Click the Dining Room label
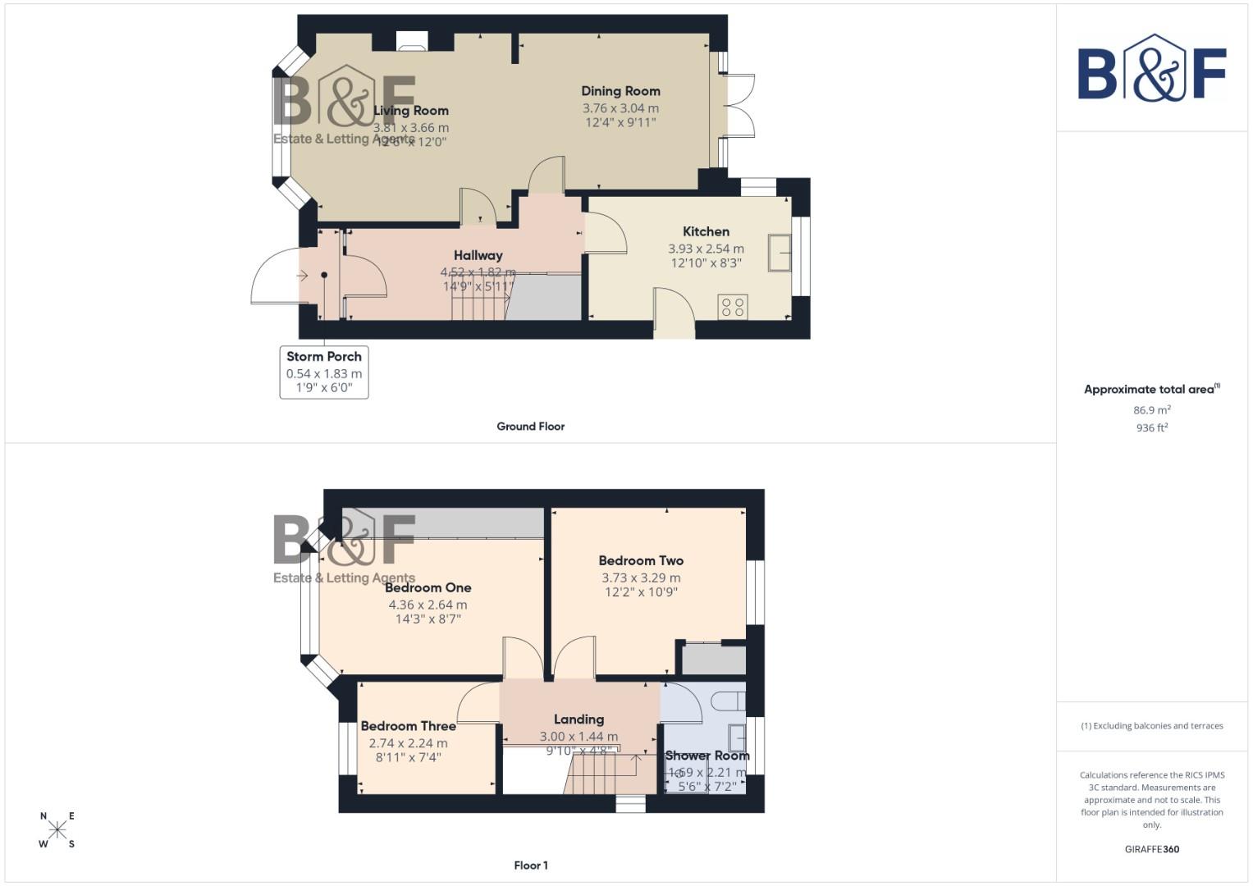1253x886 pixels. point(620,91)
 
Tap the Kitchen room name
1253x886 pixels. point(706,231)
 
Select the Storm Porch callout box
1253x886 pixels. point(324,372)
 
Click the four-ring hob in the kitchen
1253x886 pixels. point(733,307)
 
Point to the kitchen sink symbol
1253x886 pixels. point(780,253)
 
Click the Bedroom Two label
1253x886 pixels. point(641,560)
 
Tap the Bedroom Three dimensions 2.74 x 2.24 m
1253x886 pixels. point(408,743)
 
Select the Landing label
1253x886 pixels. point(578,719)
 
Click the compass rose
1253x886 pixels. point(57,829)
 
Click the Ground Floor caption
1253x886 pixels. point(530,426)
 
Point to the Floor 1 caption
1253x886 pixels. point(530,865)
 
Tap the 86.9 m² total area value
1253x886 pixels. point(1151,410)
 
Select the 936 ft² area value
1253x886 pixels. point(1151,427)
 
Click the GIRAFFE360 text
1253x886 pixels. point(1151,849)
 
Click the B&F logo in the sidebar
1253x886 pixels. point(1151,69)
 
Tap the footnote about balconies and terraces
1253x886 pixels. point(1151,726)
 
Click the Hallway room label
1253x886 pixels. point(478,255)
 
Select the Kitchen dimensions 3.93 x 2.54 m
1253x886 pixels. point(706,249)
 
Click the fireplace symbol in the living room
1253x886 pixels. point(411,41)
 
